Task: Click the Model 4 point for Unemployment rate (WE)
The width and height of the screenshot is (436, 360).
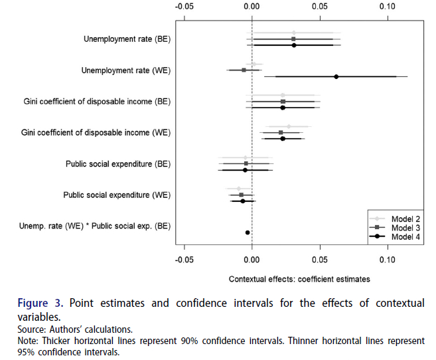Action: (x=336, y=76)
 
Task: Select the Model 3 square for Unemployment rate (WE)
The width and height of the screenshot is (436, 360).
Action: (x=244, y=70)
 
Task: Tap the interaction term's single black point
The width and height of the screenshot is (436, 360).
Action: (x=248, y=232)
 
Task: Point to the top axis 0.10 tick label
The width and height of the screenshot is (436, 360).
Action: (x=387, y=6)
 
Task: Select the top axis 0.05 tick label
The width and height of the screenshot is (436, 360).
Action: (x=320, y=6)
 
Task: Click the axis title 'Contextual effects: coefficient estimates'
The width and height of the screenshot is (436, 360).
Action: (x=299, y=279)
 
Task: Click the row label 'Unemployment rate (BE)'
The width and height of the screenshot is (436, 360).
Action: (x=127, y=39)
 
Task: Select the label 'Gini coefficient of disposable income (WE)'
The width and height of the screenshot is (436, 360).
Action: (x=97, y=132)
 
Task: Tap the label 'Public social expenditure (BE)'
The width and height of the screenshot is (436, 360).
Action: (x=117, y=163)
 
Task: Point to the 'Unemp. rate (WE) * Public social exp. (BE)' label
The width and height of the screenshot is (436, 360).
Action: (x=96, y=226)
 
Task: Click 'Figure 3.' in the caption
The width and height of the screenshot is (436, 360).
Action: (x=41, y=304)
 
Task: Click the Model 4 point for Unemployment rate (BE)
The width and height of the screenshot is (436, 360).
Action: (x=293, y=45)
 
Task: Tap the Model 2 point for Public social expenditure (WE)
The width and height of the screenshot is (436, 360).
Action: (x=239, y=189)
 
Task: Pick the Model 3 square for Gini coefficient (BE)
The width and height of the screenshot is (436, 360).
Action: (x=283, y=102)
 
